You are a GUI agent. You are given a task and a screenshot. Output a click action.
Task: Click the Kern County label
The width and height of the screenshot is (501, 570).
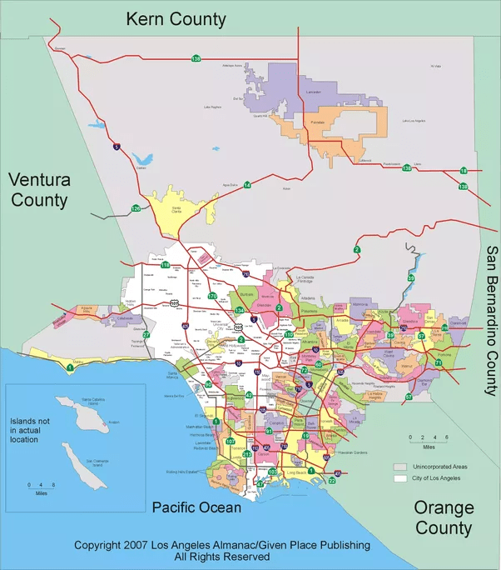175,18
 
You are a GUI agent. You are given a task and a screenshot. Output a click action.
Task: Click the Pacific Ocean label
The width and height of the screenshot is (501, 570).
197,507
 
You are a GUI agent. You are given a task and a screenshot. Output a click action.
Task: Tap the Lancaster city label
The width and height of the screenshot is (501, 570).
313,92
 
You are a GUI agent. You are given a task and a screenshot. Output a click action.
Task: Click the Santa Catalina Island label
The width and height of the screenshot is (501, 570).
91,401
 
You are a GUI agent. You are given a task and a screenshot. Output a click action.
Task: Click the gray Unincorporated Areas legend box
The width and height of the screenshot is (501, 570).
400,467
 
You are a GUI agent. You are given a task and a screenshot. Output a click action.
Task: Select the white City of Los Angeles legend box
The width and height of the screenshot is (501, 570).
400,480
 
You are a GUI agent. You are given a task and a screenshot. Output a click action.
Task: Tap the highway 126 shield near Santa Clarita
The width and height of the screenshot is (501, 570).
135,207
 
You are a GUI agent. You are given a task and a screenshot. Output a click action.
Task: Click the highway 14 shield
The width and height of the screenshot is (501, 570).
247,185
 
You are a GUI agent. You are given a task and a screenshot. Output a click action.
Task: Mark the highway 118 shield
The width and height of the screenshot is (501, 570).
166,265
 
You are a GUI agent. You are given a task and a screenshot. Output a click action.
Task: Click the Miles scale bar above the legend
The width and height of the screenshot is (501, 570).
427,437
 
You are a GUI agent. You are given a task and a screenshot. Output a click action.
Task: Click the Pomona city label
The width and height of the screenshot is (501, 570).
446,354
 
